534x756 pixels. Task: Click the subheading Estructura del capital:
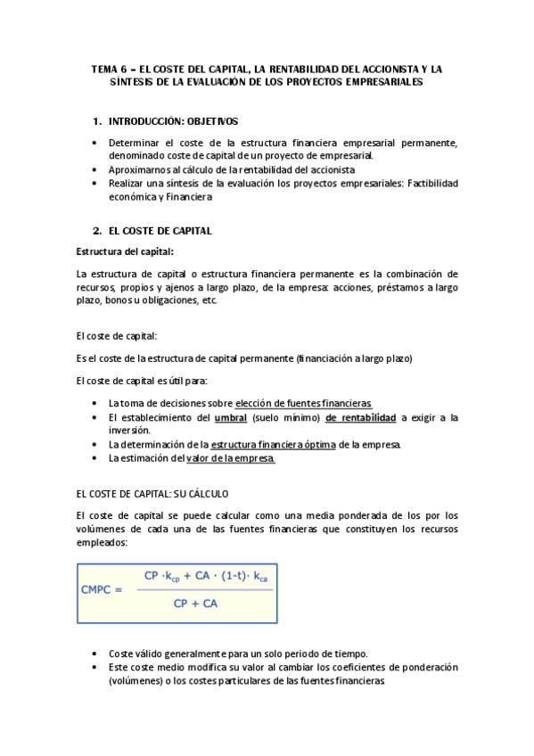point(126,251)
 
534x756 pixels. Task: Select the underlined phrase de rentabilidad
point(360,417)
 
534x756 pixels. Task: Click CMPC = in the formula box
point(101,588)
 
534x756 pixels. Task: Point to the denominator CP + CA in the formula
point(195,603)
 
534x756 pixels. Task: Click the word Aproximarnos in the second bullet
point(138,169)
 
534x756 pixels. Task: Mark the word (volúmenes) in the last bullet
point(135,680)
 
